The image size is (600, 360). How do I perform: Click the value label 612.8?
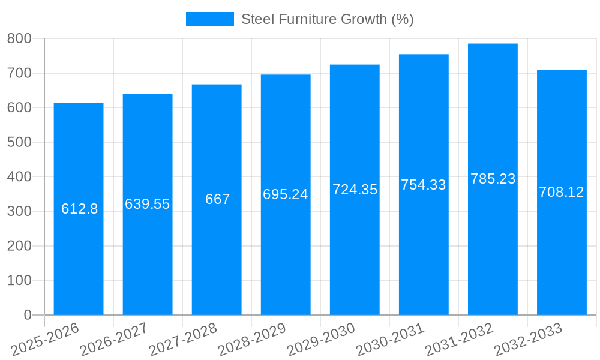[79, 209]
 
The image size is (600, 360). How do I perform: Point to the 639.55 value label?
[148, 204]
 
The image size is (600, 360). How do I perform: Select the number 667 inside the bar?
[217, 199]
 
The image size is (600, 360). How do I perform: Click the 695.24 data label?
[286, 194]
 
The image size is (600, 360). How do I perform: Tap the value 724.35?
[355, 190]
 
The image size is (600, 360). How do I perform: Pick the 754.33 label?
[424, 185]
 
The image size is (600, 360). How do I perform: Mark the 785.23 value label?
[493, 179]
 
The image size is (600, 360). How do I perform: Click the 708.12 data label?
[562, 192]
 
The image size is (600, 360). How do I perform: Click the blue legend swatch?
[209, 19]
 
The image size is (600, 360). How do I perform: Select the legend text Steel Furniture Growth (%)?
[327, 19]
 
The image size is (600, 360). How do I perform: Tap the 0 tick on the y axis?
[27, 315]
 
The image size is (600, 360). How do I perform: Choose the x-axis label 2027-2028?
[183, 340]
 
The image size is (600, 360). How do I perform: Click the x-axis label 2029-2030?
[321, 340]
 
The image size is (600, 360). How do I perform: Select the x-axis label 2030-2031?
[390, 340]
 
